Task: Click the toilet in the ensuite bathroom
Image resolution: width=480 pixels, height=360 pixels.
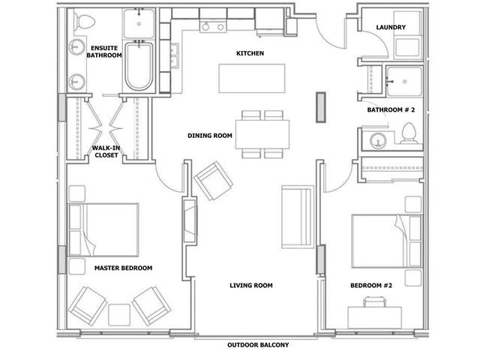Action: coord(83,21)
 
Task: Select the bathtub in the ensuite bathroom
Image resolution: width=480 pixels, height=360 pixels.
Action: coord(139,66)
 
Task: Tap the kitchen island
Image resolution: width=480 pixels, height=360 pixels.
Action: coord(252,78)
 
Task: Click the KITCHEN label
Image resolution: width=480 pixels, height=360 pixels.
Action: coord(250,53)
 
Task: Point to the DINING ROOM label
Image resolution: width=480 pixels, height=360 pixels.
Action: coord(210,136)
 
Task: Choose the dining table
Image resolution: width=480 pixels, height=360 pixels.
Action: coord(262,134)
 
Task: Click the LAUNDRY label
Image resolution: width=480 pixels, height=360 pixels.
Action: coord(391,27)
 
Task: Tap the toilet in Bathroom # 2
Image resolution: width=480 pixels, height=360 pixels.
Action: coord(409,133)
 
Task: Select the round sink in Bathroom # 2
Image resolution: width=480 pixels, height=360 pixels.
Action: coord(378,141)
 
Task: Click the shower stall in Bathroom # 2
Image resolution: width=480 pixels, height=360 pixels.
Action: coord(404,81)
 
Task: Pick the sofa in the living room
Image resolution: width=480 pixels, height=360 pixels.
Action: coord(298,217)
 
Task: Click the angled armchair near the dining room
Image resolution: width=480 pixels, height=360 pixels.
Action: coord(213,181)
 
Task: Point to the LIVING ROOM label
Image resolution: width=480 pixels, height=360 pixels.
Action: coord(251,286)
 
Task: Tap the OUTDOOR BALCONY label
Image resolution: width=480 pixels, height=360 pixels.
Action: coord(258,345)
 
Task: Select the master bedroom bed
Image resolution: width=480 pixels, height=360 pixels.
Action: coord(103,230)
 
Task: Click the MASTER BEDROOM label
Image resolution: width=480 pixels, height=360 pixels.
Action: coord(123,268)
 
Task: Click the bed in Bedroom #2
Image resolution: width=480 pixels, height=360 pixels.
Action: coord(387,241)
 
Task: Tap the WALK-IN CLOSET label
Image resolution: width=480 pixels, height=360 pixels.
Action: coord(106,151)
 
